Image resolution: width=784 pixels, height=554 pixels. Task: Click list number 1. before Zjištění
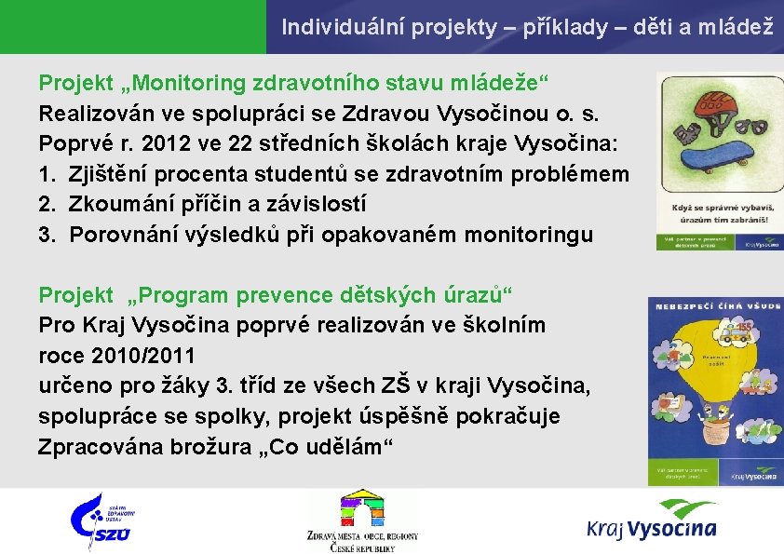point(47,174)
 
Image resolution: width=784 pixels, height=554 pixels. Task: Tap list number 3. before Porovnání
point(47,234)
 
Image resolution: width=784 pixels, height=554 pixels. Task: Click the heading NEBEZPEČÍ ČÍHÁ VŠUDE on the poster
point(716,304)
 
